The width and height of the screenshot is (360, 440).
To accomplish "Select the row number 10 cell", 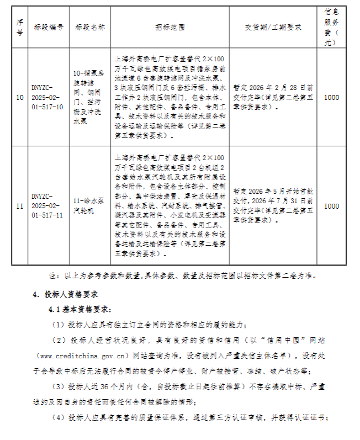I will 20,97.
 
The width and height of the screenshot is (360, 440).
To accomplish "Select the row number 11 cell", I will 20,206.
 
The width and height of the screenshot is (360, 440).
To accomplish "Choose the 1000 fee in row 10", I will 332,97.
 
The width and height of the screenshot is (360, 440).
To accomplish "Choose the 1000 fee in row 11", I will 332,206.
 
